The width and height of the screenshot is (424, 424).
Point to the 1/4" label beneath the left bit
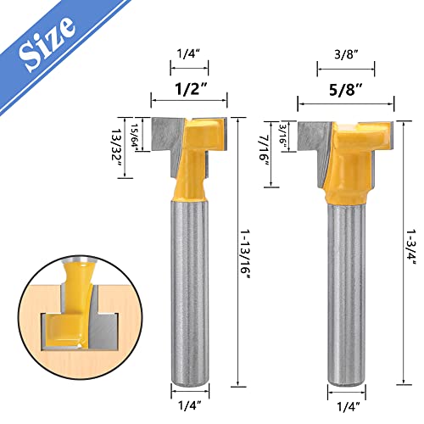188,393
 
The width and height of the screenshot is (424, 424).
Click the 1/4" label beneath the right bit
343,393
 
